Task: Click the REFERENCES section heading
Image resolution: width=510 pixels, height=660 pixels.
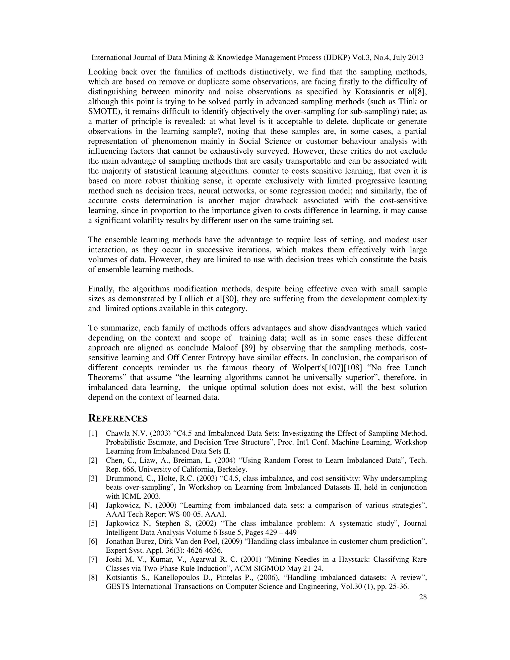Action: point(118,419)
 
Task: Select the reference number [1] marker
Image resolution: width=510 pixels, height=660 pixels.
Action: point(92,433)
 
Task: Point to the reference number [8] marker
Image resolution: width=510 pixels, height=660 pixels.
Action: point(92,578)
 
